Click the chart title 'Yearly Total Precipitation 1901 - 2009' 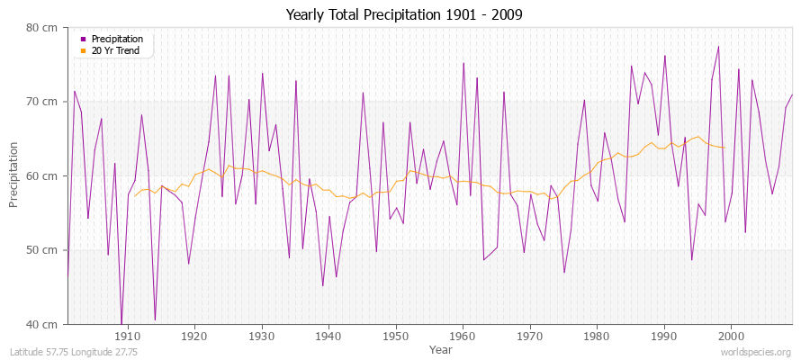(404, 15)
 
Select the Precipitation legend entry (117, 39)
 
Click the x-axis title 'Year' (441, 349)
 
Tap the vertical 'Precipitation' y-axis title (14, 176)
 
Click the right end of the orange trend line (724, 148)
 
